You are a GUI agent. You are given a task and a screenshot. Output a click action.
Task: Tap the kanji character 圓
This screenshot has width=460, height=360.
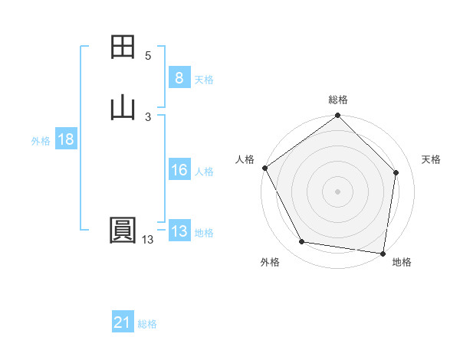(x=123, y=231)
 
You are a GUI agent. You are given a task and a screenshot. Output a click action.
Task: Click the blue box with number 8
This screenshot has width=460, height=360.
(x=179, y=78)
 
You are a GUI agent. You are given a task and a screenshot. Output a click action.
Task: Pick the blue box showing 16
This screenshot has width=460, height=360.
(x=179, y=171)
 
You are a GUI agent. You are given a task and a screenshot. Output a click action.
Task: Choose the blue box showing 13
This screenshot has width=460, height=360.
(x=179, y=232)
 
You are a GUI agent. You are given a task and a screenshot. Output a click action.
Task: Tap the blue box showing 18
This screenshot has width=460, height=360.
(x=66, y=140)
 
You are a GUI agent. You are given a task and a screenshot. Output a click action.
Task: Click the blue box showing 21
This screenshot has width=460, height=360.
(x=123, y=323)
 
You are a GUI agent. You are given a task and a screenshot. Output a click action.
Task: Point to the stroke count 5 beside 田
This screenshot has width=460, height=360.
(x=148, y=56)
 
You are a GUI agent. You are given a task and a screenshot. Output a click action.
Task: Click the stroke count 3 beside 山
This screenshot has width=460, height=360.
(x=148, y=116)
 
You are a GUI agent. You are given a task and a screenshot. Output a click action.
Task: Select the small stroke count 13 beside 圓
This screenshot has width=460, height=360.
(x=147, y=240)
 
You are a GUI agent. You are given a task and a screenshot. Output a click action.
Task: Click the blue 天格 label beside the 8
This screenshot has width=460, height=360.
(x=204, y=80)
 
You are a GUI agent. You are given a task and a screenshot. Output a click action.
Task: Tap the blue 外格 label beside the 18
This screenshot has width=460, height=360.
(x=41, y=141)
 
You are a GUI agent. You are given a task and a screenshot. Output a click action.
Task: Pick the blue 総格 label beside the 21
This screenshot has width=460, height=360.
(x=147, y=324)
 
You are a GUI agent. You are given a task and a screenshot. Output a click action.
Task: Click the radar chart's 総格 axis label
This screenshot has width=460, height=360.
(x=338, y=100)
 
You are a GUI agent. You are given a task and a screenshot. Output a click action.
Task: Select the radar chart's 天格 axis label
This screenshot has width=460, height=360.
(x=432, y=159)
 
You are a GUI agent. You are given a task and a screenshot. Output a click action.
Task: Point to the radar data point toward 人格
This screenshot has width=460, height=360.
(x=264, y=168)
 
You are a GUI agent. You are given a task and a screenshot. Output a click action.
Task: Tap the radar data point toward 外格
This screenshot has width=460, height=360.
(x=301, y=243)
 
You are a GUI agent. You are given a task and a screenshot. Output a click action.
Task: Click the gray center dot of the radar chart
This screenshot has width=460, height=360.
(x=338, y=191)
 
